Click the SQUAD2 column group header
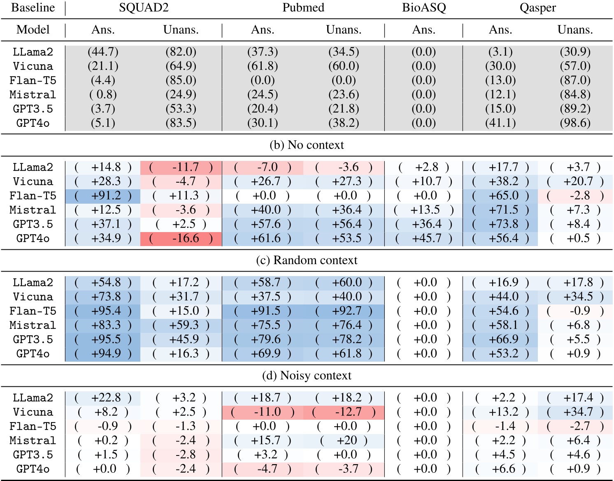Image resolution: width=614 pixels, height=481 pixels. click(x=144, y=8)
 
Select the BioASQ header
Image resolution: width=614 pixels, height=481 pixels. click(x=424, y=8)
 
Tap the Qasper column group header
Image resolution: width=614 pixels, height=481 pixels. click(x=537, y=8)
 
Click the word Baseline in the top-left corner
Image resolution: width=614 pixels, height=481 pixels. click(x=33, y=8)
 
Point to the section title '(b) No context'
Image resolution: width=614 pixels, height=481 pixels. click(x=307, y=145)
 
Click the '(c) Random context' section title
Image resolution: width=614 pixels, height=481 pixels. click(x=307, y=260)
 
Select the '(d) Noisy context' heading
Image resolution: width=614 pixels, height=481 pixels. click(x=307, y=375)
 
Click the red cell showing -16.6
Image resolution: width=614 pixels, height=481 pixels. click(x=181, y=238)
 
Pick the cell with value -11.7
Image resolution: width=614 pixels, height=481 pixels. click(x=181, y=167)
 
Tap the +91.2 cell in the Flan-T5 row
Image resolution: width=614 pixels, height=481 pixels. click(x=103, y=196)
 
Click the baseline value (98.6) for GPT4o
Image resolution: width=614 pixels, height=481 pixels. click(x=575, y=123)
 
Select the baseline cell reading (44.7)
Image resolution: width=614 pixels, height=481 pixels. click(x=103, y=52)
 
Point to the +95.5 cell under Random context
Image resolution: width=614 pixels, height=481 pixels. click(x=103, y=339)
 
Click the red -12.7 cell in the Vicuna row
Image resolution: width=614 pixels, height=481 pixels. click(x=344, y=412)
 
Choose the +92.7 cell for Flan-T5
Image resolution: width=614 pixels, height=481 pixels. click(x=344, y=311)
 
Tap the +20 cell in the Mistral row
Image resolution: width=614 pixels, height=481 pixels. click(x=344, y=440)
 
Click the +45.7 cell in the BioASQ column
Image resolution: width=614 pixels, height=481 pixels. click(x=424, y=238)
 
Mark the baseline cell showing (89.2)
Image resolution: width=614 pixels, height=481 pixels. click(x=575, y=109)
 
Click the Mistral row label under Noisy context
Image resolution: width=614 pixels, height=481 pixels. click(x=33, y=441)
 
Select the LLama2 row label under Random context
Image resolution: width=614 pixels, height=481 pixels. click(x=33, y=283)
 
